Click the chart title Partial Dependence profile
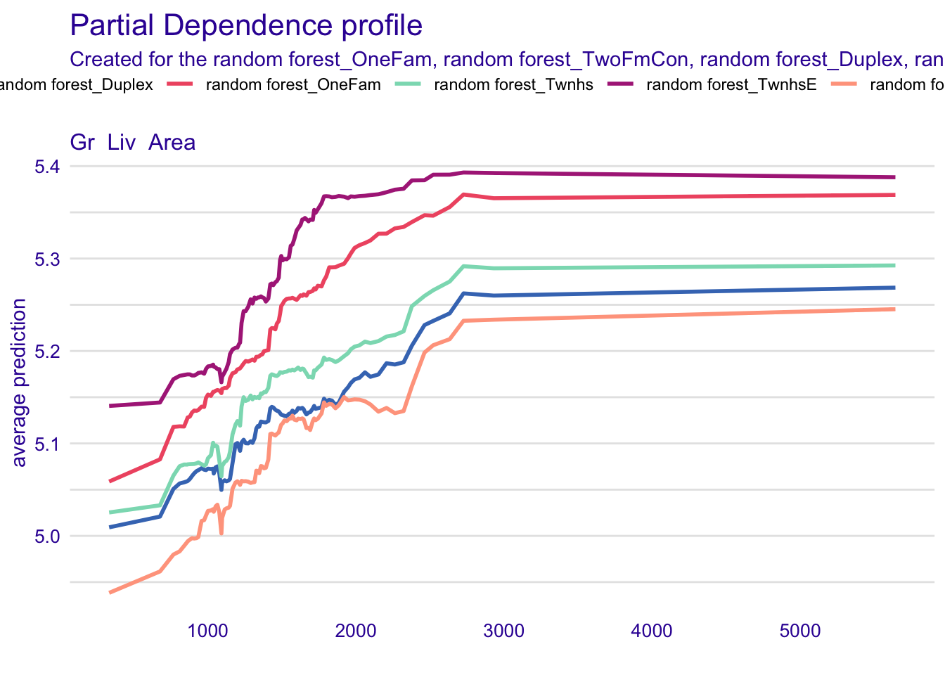(246, 26)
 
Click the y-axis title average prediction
(20, 382)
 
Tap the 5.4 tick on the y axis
(47, 167)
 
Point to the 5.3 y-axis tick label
(47, 259)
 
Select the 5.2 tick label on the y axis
(47, 352)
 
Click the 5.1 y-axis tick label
(47, 444)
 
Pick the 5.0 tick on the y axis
(47, 536)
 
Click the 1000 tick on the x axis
(207, 631)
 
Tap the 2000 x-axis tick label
(356, 631)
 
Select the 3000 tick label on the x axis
(504, 631)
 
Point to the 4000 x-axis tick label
(652, 631)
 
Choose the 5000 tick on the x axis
(800, 631)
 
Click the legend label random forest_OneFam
(293, 86)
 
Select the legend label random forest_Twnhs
(514, 86)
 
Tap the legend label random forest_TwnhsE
(731, 86)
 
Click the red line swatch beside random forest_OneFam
(180, 85)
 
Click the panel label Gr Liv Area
(133, 143)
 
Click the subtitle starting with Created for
(506, 59)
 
